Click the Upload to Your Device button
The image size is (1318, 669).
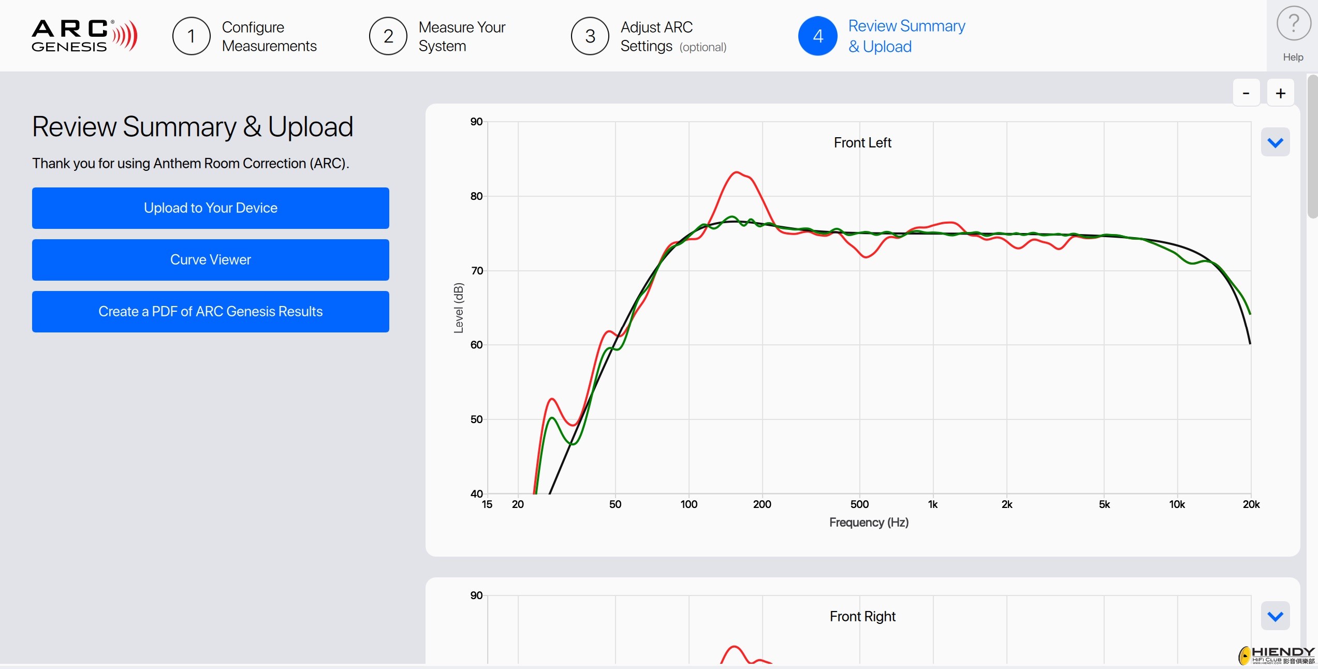coord(210,208)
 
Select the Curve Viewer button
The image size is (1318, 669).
coord(210,259)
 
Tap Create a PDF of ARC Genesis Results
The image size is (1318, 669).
coord(210,311)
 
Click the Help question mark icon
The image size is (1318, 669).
coord(1293,23)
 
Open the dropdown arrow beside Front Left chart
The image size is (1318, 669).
coord(1275,142)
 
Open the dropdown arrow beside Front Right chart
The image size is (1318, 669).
coord(1275,616)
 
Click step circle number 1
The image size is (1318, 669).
coord(192,36)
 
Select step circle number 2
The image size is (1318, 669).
coord(388,36)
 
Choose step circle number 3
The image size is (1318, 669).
coord(590,36)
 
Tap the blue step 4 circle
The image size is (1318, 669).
coord(818,36)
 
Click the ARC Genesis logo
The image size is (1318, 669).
coord(84,36)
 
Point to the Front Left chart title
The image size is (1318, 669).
coord(862,142)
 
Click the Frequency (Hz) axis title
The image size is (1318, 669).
coord(869,522)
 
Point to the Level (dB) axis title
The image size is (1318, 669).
coord(458,308)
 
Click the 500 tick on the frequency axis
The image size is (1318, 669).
coord(859,504)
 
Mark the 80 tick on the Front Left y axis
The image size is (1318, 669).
coord(476,196)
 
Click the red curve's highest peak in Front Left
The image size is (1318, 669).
coord(736,172)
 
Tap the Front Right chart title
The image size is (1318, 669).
coord(862,616)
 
